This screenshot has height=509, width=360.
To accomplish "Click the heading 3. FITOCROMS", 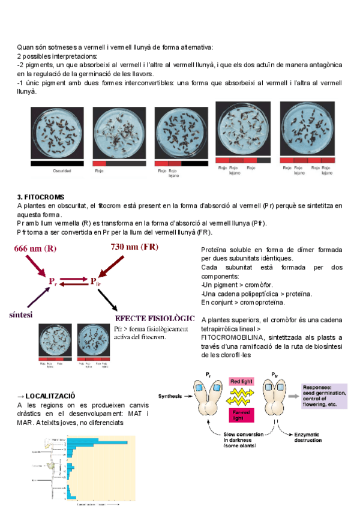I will tap(41, 197).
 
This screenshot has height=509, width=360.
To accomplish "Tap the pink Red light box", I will tap(241, 381).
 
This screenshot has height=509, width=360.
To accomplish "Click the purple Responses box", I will tap(324, 396).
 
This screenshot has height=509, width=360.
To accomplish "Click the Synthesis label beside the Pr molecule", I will tap(171, 396).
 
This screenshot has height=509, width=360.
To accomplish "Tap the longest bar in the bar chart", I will tap(96, 443).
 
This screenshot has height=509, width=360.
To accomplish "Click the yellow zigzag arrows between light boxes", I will tap(241, 397).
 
